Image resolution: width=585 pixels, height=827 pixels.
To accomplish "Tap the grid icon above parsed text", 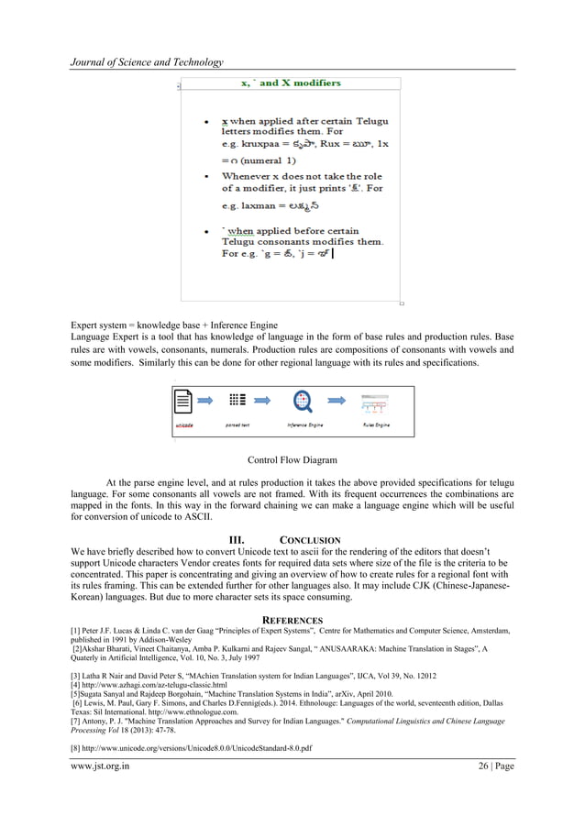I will pyautogui.click(x=237, y=401).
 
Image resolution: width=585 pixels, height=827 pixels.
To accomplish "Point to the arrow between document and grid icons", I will pyautogui.click(x=208, y=401).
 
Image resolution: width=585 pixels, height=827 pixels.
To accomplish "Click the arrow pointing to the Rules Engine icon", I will pyautogui.click(x=337, y=401).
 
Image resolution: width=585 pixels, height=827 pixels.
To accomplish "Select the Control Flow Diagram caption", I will pyautogui.click(x=292, y=460).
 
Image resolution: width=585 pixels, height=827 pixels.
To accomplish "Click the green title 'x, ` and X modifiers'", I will pyautogui.click(x=290, y=83).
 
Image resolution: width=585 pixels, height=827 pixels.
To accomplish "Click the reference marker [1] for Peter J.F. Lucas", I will pyautogui.click(x=76, y=631).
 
